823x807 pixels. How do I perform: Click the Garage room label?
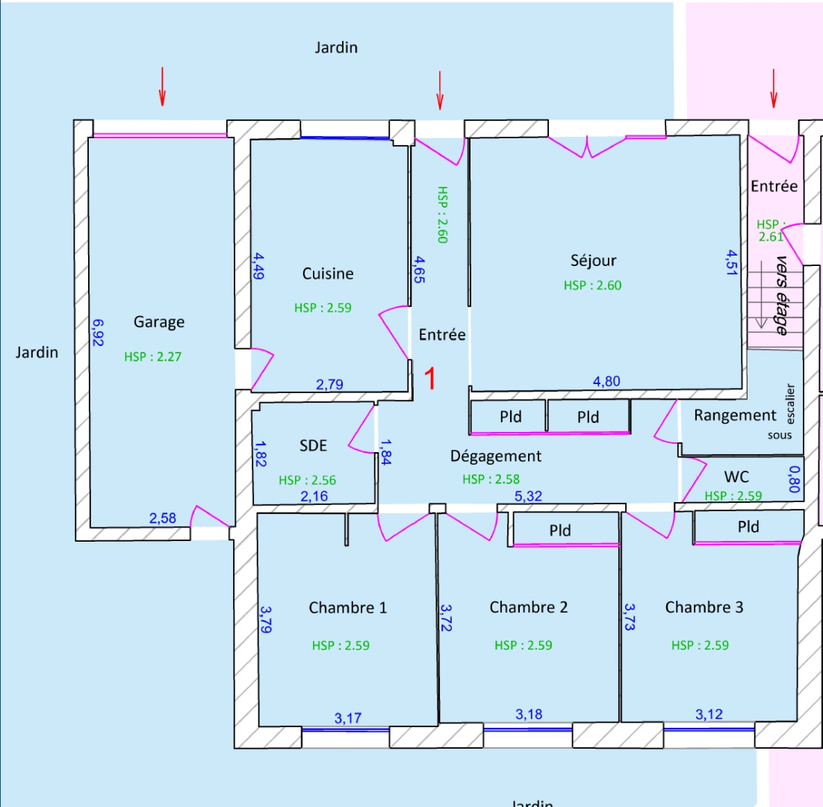(158, 322)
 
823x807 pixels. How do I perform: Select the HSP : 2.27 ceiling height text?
(152, 356)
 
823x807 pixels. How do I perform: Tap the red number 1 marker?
(430, 379)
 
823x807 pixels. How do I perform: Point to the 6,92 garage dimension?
(98, 333)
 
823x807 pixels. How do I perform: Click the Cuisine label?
(328, 273)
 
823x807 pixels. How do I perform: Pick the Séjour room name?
(593, 260)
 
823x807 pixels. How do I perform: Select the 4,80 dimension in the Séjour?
(606, 382)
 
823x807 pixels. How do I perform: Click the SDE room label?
(313, 445)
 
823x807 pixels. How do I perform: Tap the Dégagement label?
(496, 456)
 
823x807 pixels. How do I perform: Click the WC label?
(736, 477)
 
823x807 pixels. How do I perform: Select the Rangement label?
(735, 415)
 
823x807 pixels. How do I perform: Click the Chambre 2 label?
(528, 607)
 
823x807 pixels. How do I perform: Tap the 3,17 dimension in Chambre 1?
(348, 719)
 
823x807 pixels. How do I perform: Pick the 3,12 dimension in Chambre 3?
(709, 714)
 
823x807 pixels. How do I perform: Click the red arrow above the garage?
(162, 86)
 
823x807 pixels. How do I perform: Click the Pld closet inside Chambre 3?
(748, 527)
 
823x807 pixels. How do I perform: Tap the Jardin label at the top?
(335, 48)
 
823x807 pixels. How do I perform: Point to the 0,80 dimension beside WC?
(794, 480)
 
